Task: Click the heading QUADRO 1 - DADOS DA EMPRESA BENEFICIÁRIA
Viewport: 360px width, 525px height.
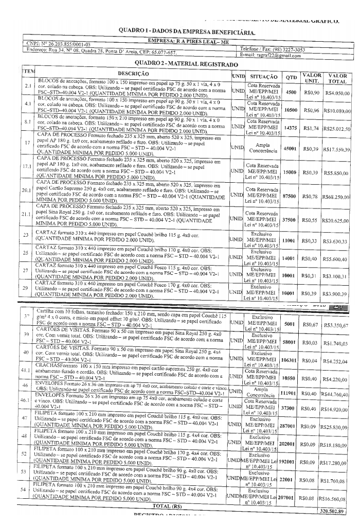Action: pos(187,32)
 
